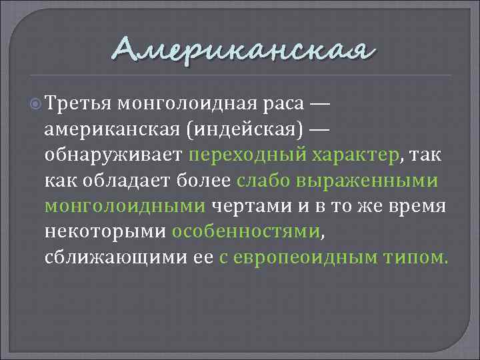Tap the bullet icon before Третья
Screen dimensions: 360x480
(37, 104)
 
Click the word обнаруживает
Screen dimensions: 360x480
(113, 155)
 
